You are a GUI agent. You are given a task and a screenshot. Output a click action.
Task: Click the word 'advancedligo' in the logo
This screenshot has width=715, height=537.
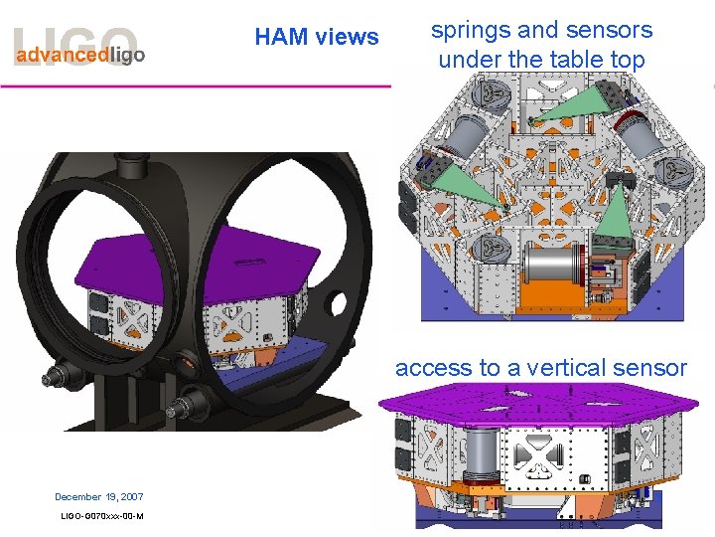(79, 56)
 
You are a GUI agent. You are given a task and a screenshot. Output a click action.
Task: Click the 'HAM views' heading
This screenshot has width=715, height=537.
(316, 38)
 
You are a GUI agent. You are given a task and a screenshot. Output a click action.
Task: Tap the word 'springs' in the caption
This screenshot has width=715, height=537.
(468, 30)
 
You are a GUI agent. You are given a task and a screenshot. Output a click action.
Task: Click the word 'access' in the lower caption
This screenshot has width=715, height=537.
(432, 368)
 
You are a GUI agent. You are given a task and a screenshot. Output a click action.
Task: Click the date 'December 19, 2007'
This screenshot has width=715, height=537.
(99, 496)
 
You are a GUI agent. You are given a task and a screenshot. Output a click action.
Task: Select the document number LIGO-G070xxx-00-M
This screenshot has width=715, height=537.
(102, 515)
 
